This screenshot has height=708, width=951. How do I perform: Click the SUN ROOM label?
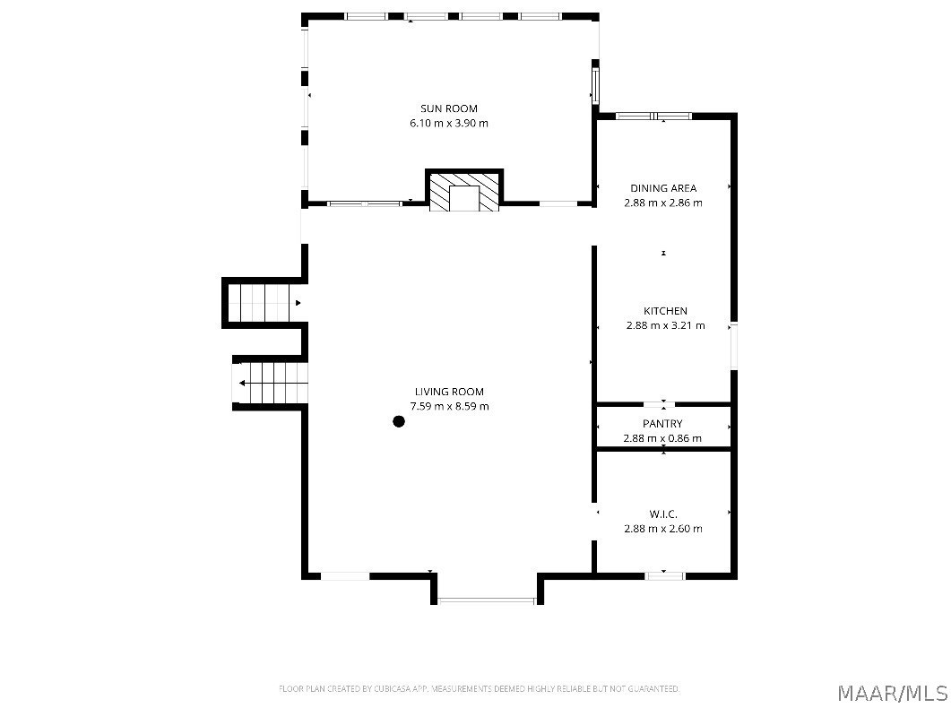[449, 108]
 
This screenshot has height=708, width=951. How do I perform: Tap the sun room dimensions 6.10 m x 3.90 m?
[449, 123]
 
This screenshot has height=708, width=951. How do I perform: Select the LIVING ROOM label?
[449, 392]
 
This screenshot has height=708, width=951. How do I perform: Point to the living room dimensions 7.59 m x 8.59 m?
[449, 406]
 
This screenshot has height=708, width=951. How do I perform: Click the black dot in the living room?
[399, 421]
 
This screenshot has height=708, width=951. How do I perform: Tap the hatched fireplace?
[464, 192]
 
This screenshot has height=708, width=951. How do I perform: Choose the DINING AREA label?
[663, 188]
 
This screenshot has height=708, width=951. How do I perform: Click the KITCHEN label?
[665, 311]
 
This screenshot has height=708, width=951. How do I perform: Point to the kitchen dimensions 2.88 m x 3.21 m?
[665, 325]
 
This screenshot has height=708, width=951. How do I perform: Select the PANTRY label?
[662, 424]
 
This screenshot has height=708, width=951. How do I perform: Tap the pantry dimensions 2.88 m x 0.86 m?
[662, 438]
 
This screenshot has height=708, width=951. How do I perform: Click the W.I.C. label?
[663, 514]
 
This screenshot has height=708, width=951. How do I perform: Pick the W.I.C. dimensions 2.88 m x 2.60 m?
[663, 529]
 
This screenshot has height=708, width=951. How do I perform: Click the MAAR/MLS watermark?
[893, 692]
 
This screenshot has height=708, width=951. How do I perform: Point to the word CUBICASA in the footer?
[393, 688]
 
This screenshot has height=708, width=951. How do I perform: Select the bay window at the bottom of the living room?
[487, 600]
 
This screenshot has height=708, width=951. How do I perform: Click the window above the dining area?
[653, 116]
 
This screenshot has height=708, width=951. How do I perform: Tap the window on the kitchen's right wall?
[734, 346]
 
